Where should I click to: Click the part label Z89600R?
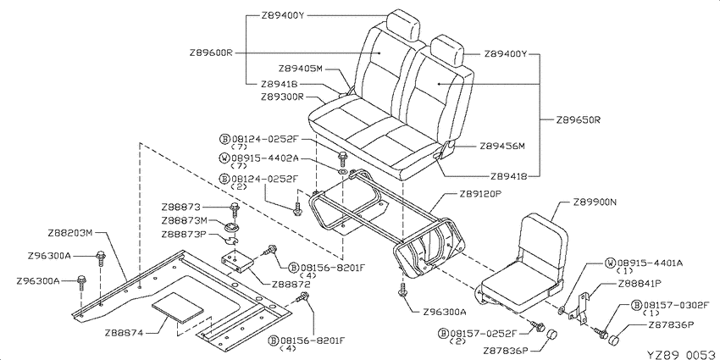[x=210, y=53]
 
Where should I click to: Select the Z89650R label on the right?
[x=579, y=120]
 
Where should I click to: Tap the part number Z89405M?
[x=301, y=69]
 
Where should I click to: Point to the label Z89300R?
[x=282, y=97]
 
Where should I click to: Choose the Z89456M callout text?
[x=502, y=147]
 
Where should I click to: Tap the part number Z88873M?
[x=184, y=221]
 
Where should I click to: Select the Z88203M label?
[x=70, y=232]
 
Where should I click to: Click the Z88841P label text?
[x=640, y=283]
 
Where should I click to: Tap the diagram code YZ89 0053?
[x=681, y=354]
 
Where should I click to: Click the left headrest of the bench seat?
[x=403, y=25]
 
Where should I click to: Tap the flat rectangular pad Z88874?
[x=177, y=307]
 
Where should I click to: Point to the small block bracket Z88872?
[x=239, y=262]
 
